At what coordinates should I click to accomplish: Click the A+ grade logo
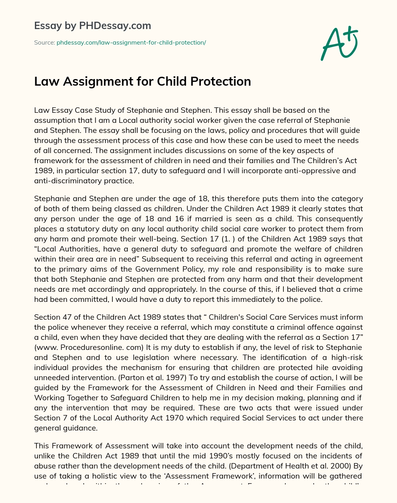(x=339, y=43)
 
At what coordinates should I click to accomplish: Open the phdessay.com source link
(x=131, y=43)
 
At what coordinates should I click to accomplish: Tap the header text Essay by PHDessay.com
(x=93, y=26)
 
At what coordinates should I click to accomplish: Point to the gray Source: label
(x=44, y=43)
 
